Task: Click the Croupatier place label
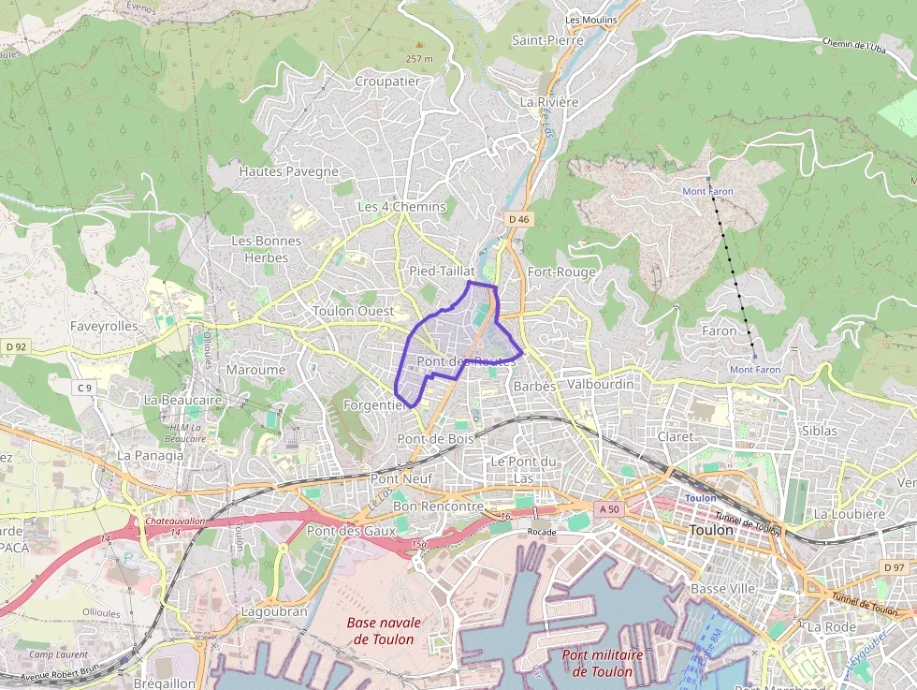(387, 81)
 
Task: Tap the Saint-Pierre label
(547, 40)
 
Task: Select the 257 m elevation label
(419, 59)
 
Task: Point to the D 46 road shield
(519, 219)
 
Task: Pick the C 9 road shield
(84, 388)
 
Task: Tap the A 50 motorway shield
(607, 509)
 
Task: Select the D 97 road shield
(894, 568)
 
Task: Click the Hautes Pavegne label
(288, 171)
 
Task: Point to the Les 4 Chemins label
(402, 206)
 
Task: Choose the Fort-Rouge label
(561, 272)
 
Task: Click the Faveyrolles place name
(104, 327)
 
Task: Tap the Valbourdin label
(600, 384)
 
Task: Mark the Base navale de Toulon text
(384, 631)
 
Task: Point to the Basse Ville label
(722, 589)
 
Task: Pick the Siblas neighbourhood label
(820, 431)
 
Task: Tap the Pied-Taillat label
(443, 271)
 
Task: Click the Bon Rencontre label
(438, 506)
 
